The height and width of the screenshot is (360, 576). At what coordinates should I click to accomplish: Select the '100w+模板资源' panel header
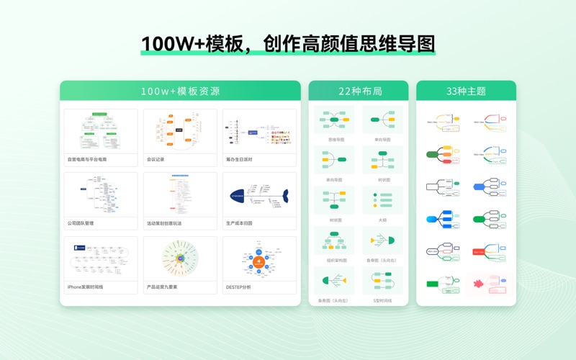(180, 91)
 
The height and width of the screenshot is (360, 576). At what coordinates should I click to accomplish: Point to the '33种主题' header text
(466, 91)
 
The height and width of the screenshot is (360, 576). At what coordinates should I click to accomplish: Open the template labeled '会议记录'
(156, 159)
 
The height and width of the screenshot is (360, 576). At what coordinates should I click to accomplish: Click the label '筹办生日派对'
(240, 159)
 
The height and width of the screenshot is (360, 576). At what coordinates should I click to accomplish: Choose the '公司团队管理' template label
(81, 223)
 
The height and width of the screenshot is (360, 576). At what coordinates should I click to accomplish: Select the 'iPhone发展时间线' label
(85, 287)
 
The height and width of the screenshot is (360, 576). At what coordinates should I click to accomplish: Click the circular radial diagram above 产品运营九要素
(180, 258)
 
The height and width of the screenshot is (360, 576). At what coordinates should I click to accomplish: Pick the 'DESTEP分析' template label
(238, 287)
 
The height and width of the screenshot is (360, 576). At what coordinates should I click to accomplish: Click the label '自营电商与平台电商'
(87, 159)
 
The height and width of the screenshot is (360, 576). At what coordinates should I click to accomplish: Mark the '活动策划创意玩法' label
(164, 223)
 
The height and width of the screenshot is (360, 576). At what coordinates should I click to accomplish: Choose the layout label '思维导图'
(335, 140)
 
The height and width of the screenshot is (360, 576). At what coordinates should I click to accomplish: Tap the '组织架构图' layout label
(336, 260)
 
